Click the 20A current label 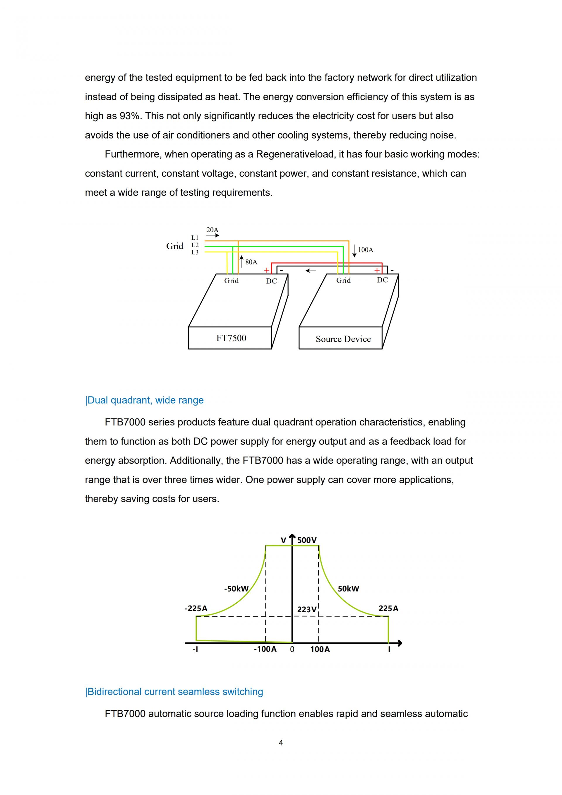point(212,230)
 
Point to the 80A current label point(251,262)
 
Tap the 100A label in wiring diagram point(365,250)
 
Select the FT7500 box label point(231,338)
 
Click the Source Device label point(343,339)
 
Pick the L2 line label point(195,245)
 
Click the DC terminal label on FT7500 point(271,281)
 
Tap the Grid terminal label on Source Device point(343,281)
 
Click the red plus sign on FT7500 point(266,270)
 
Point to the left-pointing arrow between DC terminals point(310,271)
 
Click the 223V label point(306,609)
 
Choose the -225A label point(196,608)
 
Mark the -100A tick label point(265,649)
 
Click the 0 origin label point(292,649)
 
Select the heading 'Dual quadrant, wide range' point(144,400)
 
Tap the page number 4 point(281,743)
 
